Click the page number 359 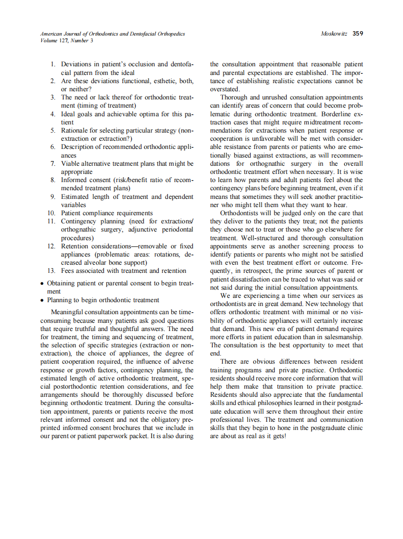tap(358, 34)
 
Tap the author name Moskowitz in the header tap(335, 34)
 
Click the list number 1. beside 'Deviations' tap(54, 64)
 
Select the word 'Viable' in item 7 tap(71, 163)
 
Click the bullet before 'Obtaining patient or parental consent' tap(43, 283)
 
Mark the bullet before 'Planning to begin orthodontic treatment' tap(43, 300)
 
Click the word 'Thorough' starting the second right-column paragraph tap(234, 97)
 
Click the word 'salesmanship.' tap(343, 337)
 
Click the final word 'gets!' tap(277, 436)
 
